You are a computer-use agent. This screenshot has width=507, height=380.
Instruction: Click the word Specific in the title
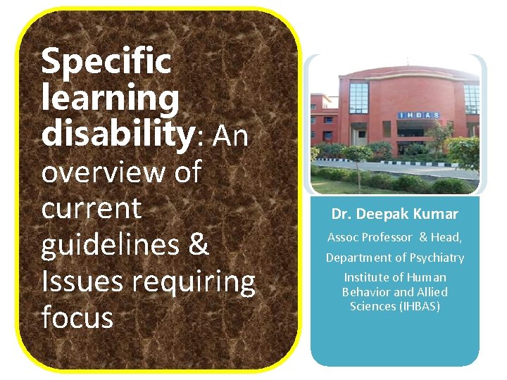[x=106, y=61]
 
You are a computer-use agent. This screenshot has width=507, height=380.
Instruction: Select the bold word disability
[x=117, y=134]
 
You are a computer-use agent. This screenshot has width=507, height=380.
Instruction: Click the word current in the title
[x=92, y=208]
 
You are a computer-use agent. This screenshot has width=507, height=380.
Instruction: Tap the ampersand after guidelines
[x=199, y=245]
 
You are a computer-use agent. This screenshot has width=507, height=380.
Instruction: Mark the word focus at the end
[x=77, y=318]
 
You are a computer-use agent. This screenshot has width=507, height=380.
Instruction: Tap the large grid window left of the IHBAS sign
[x=358, y=98]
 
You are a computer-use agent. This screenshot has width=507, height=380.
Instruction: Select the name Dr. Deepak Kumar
[x=395, y=214]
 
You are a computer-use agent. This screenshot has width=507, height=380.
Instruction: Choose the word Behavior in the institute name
[x=367, y=292]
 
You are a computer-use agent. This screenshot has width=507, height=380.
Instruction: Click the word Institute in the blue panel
[x=365, y=277]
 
